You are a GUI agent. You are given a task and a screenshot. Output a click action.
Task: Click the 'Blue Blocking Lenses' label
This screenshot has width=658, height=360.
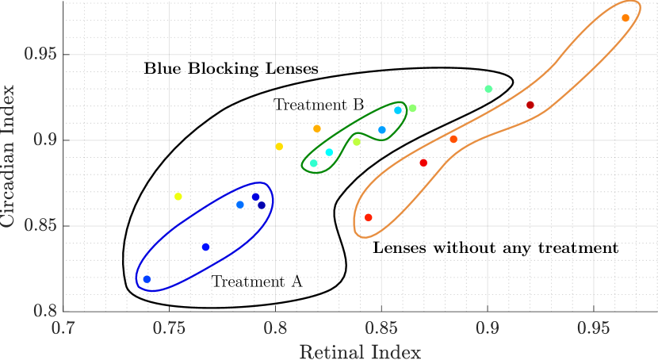231,69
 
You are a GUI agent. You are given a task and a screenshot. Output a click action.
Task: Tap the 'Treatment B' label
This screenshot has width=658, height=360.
319,105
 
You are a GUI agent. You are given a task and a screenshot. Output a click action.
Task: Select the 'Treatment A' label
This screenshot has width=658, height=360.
257,281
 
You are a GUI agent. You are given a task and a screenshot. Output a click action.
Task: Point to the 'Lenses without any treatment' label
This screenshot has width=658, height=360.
495,248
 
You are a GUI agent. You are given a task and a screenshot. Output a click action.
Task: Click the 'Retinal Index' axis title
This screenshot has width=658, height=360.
360,350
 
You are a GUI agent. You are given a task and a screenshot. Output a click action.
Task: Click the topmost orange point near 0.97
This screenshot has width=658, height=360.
625,18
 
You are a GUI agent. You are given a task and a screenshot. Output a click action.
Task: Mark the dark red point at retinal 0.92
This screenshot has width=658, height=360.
530,105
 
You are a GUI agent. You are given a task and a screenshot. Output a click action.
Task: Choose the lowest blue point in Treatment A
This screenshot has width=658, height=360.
147,279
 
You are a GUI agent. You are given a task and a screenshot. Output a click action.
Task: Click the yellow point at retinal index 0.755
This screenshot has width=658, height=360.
178,197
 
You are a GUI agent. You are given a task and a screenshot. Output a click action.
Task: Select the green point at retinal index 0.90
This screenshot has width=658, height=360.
488,89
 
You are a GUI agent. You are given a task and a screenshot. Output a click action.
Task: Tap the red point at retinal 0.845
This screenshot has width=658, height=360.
368,217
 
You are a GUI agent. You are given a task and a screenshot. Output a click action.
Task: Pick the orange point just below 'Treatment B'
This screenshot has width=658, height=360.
317,128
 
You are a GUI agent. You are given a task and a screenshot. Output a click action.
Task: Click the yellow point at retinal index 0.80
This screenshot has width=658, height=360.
279,147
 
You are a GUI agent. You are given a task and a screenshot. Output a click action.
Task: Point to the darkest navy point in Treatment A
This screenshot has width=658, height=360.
261,205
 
